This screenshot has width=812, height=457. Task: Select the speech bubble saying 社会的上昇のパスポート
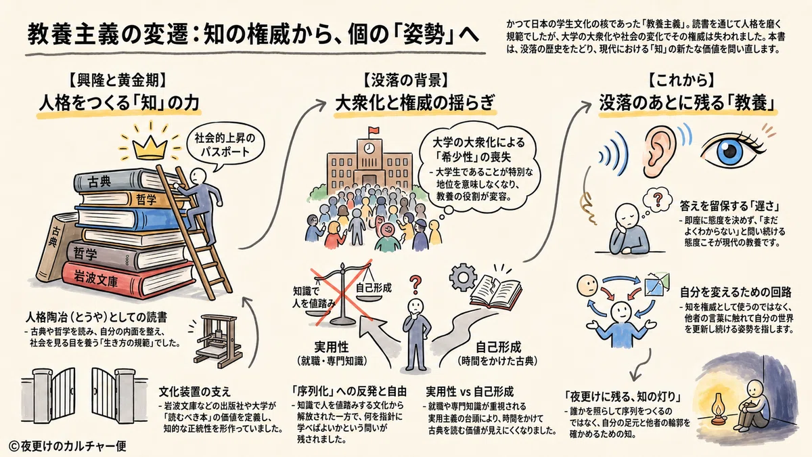click(225, 144)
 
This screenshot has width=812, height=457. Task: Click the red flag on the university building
click(374, 131)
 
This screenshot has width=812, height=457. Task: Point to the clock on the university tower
click(369, 148)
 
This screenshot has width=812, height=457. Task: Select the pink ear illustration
click(660, 152)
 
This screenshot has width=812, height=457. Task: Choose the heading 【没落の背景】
click(405, 81)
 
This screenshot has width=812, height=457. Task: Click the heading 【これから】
click(681, 81)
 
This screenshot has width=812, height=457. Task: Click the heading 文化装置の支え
click(195, 392)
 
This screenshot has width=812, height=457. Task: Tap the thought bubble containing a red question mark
click(657, 200)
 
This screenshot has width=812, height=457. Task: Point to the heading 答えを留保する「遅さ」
click(729, 206)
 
